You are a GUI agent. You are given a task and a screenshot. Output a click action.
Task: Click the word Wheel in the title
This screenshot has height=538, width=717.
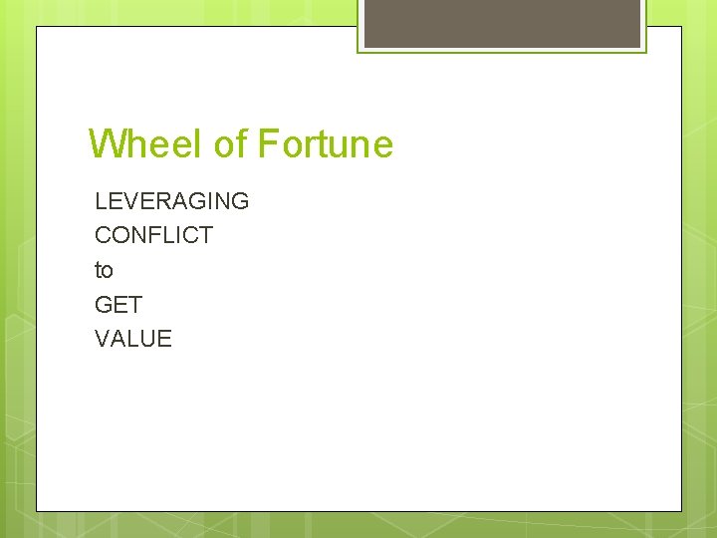[x=146, y=144]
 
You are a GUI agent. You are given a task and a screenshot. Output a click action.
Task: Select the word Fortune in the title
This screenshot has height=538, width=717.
[x=326, y=144]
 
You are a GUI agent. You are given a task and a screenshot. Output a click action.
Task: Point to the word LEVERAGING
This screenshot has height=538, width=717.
[x=171, y=201]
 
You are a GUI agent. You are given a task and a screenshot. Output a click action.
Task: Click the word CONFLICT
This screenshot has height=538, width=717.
[x=153, y=235]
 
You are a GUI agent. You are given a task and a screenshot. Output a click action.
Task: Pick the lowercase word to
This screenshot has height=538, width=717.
[x=104, y=270]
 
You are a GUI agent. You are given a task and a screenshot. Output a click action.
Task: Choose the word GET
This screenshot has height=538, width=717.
[x=119, y=304]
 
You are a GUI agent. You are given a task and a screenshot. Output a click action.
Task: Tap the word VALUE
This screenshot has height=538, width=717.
[x=133, y=339]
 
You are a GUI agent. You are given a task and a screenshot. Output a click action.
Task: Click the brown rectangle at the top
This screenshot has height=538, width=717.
[x=502, y=22]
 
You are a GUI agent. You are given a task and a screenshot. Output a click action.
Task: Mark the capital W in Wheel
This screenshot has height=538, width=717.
[x=107, y=144]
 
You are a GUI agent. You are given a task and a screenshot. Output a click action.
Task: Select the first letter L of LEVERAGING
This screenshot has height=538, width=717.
[x=101, y=201]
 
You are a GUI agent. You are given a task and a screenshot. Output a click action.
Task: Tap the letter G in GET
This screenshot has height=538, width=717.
[x=104, y=304]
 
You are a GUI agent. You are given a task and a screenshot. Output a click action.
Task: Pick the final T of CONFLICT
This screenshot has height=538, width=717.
[x=206, y=235]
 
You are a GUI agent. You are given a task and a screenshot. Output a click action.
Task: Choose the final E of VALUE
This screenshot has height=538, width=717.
[x=164, y=339]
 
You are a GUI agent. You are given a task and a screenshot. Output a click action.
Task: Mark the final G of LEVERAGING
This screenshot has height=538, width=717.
[x=240, y=201]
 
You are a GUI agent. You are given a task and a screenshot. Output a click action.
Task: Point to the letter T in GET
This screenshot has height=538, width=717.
[x=135, y=304]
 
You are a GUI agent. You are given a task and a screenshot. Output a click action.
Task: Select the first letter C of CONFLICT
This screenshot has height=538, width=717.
[x=104, y=235]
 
